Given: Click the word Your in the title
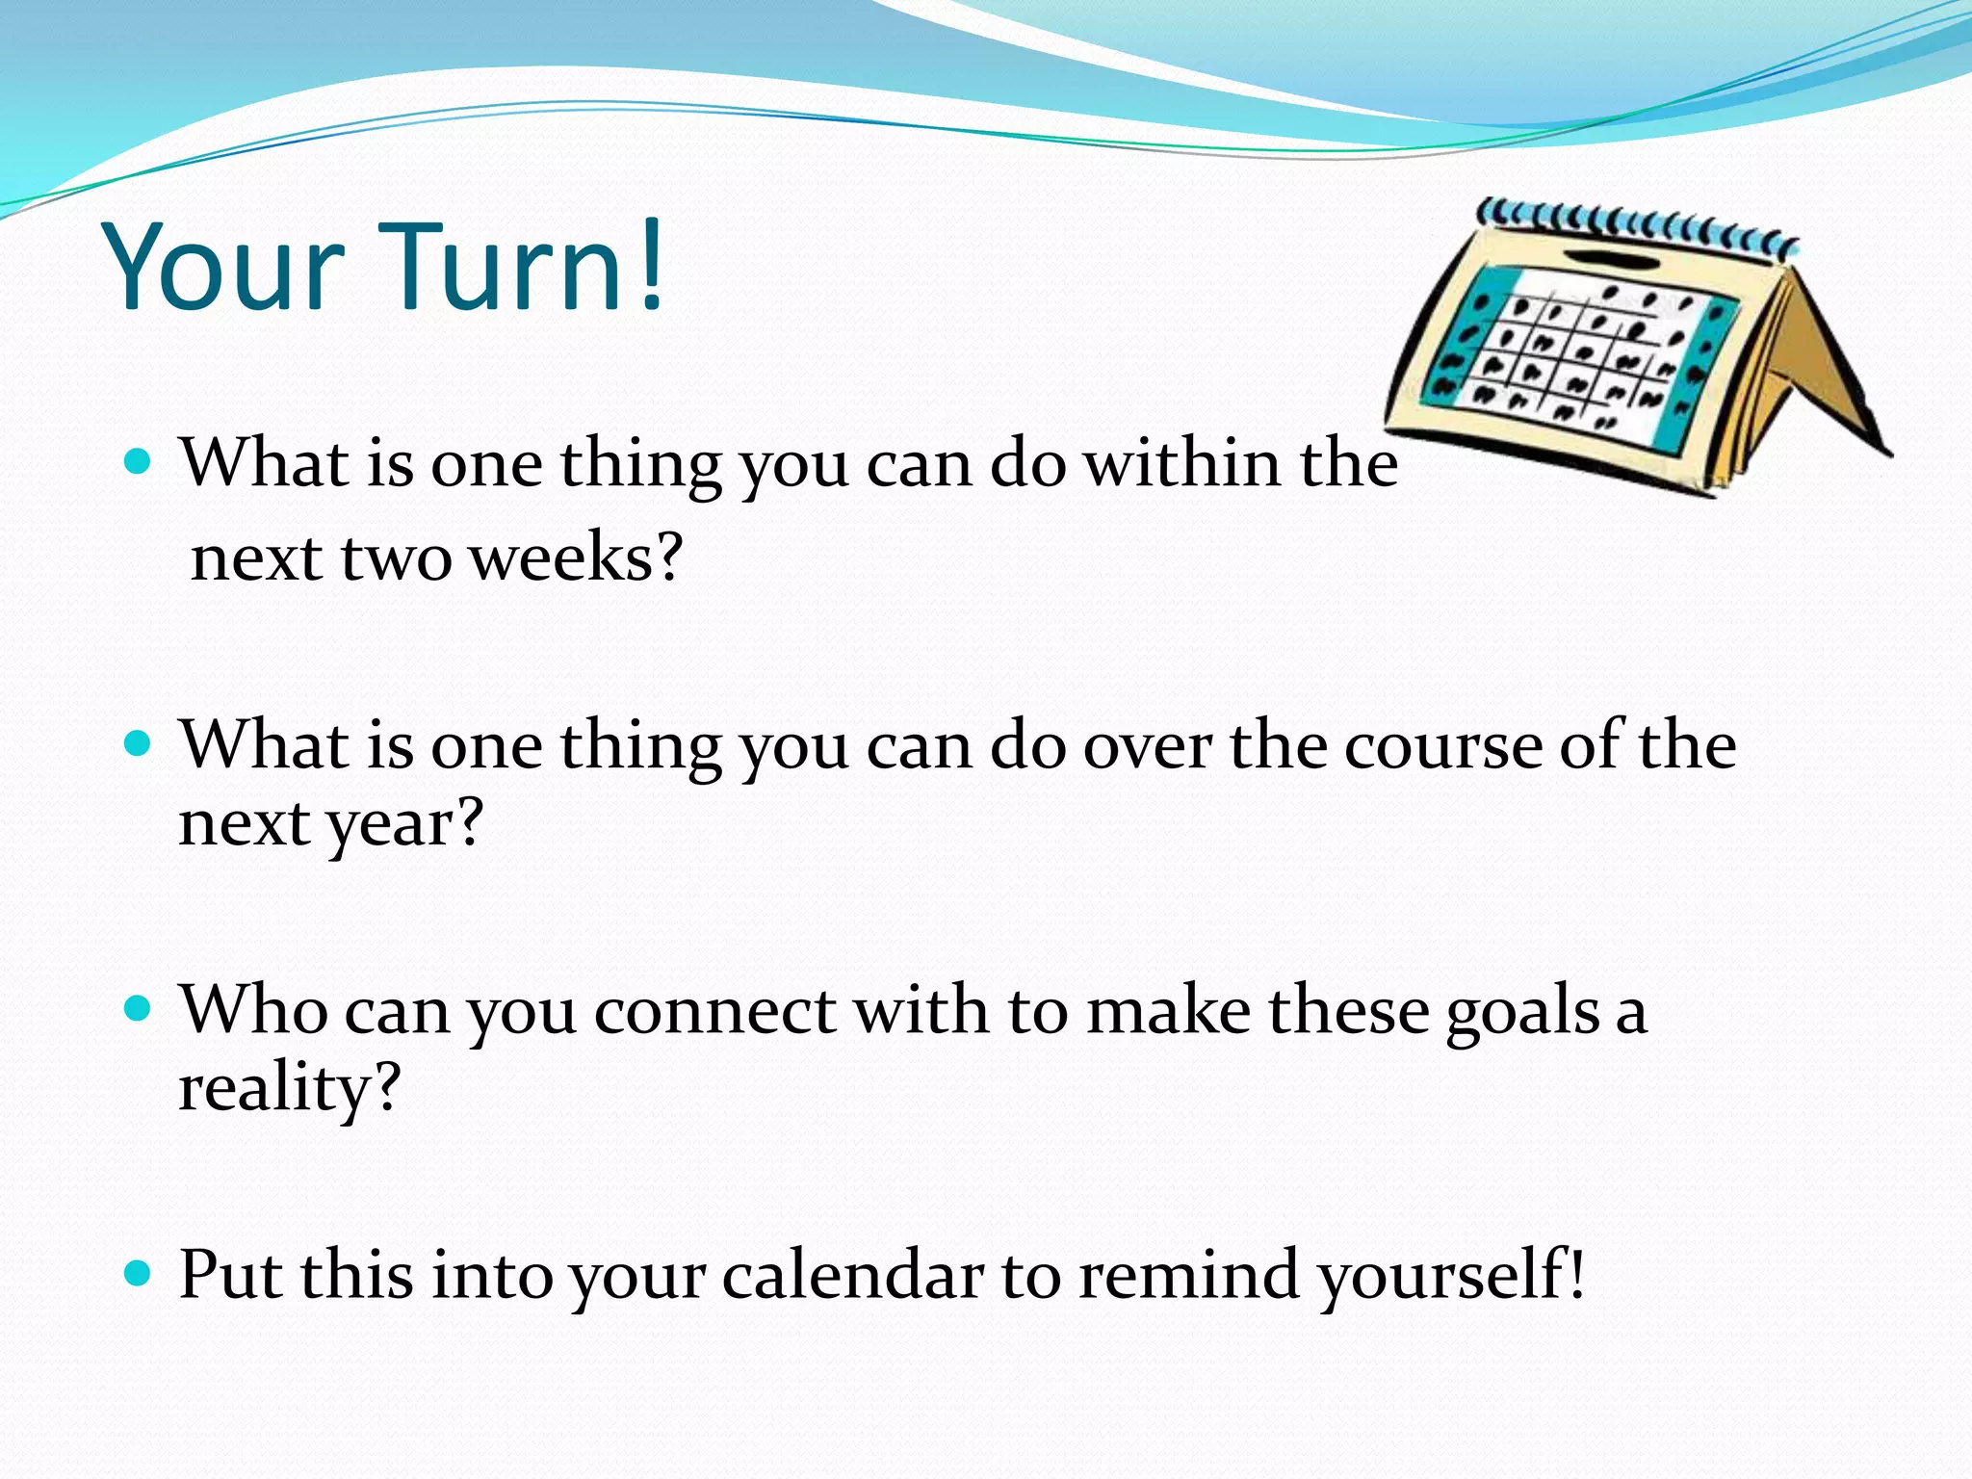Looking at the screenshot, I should (x=223, y=268).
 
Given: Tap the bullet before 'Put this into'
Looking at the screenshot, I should (x=139, y=1274).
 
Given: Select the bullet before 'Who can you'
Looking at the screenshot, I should (x=139, y=1008).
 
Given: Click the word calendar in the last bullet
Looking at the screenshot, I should (x=852, y=1275).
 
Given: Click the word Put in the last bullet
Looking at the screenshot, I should (x=231, y=1275).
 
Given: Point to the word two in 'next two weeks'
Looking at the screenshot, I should (x=396, y=558).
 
